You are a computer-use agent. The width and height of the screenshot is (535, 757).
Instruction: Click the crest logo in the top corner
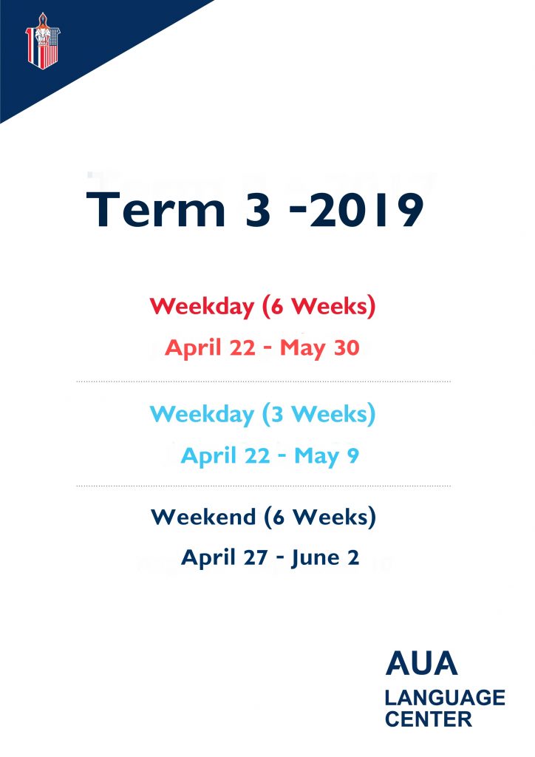(42, 41)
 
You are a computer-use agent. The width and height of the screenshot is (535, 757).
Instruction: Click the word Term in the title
(155, 209)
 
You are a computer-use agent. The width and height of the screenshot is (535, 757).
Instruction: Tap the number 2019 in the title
(367, 209)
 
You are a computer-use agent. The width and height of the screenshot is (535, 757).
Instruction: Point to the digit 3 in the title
(258, 209)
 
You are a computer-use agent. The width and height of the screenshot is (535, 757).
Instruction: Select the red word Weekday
(202, 307)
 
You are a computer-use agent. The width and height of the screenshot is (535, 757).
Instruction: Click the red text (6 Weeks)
(319, 306)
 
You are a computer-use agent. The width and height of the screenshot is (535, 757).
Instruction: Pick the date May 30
(320, 348)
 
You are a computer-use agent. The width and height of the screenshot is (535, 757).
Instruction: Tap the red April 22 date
(210, 348)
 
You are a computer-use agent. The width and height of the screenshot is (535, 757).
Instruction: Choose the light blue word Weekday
(202, 415)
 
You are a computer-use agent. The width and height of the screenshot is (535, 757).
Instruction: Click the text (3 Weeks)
(319, 414)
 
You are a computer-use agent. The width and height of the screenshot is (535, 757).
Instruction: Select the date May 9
(327, 456)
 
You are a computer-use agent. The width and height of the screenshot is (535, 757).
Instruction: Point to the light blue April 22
(225, 456)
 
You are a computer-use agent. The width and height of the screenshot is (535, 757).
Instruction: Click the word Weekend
(203, 517)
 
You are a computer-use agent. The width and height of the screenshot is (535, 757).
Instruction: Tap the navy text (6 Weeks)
(320, 517)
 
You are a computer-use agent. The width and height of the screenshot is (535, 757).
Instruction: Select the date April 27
(225, 558)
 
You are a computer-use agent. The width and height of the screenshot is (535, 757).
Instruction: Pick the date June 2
(325, 558)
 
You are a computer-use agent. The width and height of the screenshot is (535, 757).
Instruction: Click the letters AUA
(421, 663)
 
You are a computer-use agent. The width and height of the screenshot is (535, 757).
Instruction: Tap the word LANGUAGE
(445, 698)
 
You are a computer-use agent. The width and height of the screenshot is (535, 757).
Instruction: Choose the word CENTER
(429, 719)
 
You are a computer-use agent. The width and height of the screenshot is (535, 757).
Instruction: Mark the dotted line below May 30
(263, 381)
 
